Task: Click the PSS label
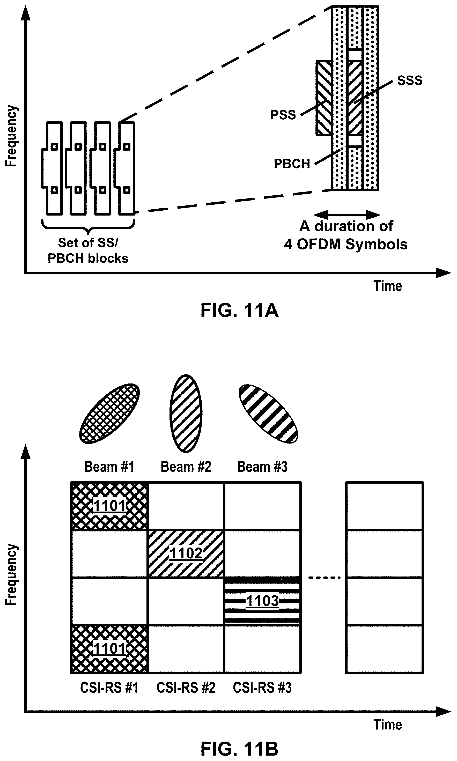(x=283, y=115)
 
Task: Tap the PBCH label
(x=292, y=164)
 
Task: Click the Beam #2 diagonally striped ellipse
(x=186, y=413)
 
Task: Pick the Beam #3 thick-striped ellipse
(x=268, y=413)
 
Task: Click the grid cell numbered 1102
(x=186, y=553)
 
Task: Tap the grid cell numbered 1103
(x=262, y=601)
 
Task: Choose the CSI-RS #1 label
(x=109, y=688)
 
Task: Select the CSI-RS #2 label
(x=186, y=688)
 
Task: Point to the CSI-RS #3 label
(x=262, y=688)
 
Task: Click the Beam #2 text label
(x=186, y=467)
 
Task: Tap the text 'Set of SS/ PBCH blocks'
(x=88, y=250)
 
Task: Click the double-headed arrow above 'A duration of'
(x=347, y=215)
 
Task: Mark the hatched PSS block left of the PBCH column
(x=324, y=98)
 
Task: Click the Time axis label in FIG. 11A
(x=388, y=286)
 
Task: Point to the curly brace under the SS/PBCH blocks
(x=88, y=227)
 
